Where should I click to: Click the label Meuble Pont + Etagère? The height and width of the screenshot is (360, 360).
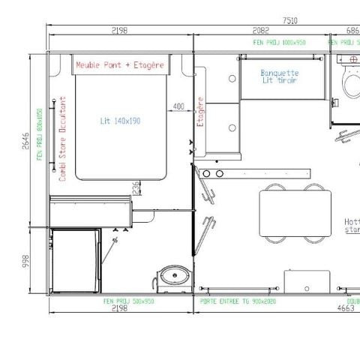pyautogui.click(x=119, y=65)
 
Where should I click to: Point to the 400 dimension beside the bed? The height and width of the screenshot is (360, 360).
pyautogui.click(x=178, y=106)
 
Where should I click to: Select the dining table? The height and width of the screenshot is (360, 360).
pyautogui.click(x=295, y=212)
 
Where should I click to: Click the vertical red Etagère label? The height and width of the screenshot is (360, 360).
pyautogui.click(x=199, y=112)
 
